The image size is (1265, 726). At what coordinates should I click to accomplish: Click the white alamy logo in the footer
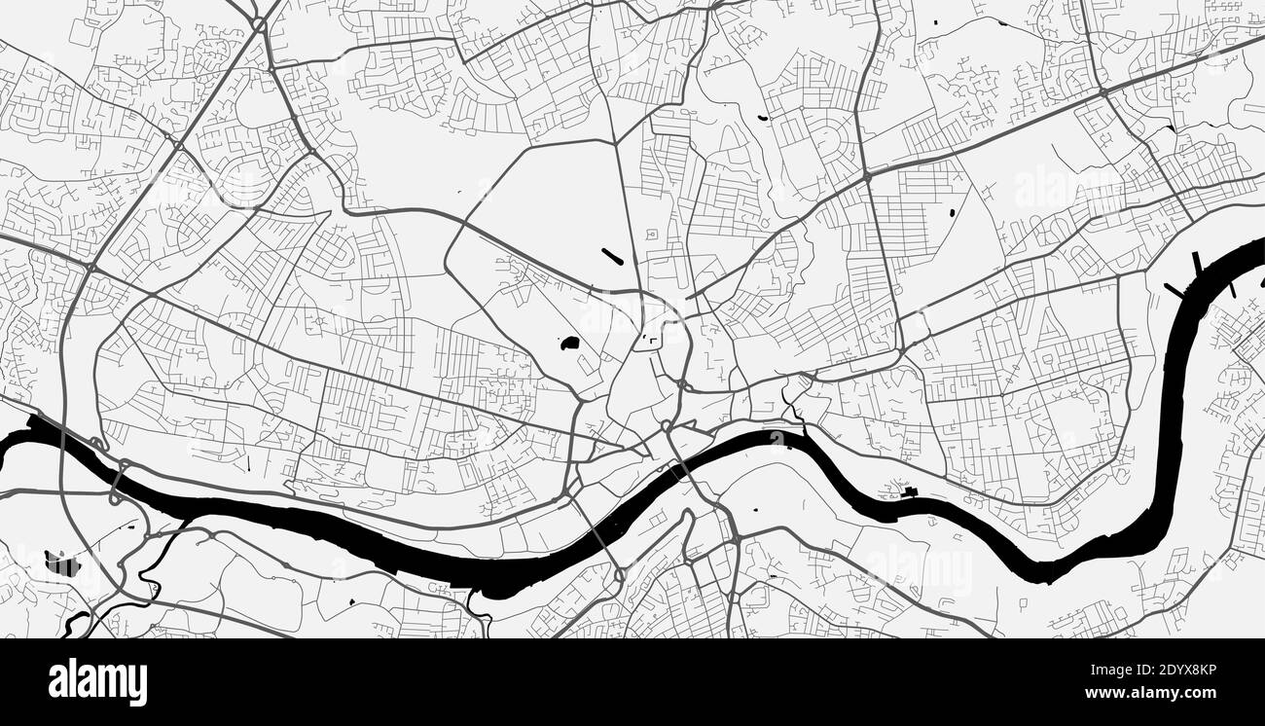[97, 681]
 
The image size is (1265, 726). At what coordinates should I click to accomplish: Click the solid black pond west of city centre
[568, 343]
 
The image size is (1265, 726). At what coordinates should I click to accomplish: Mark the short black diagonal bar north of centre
[613, 257]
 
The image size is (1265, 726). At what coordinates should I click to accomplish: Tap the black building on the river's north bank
[910, 491]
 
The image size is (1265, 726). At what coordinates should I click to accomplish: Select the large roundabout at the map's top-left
[259, 23]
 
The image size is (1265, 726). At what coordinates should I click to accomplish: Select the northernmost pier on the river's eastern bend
[1197, 262]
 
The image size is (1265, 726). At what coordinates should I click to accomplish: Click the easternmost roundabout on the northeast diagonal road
[1102, 92]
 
